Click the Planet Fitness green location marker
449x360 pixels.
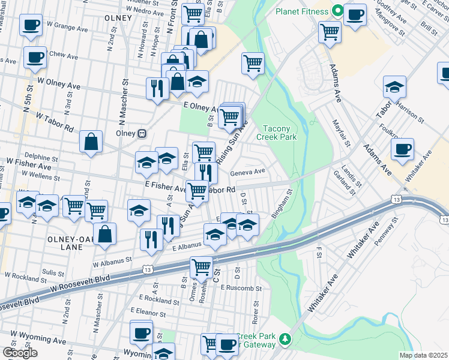pyautogui.click(x=337, y=11)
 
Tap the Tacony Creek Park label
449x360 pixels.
pyautogui.click(x=277, y=133)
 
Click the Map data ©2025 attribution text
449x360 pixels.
pyautogui.click(x=424, y=355)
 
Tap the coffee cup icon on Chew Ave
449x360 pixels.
pyautogui.click(x=35, y=58)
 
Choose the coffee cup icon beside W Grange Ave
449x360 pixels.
pyautogui.click(x=31, y=25)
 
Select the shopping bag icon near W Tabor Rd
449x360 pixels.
pyautogui.click(x=91, y=143)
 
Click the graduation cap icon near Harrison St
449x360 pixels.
pyautogui.click(x=394, y=87)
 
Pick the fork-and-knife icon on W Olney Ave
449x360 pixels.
pyautogui.click(x=157, y=89)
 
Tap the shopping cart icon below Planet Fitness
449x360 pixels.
pyautogui.click(x=330, y=32)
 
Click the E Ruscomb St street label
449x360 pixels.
pyautogui.click(x=242, y=287)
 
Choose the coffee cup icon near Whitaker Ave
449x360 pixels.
pyautogui.click(x=402, y=149)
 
